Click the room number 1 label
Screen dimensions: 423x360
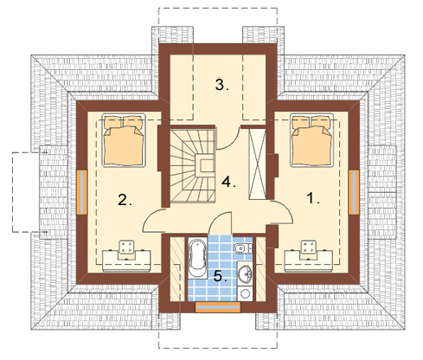coord(312,198)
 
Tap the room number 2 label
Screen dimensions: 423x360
coord(125,200)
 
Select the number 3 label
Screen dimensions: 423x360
coord(221,85)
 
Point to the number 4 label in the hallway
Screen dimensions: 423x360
coord(228,182)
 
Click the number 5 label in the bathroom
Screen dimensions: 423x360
coord(221,277)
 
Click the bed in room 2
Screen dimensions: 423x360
coord(124,140)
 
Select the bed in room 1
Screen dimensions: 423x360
coord(312,140)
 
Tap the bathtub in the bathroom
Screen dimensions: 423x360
coord(197,258)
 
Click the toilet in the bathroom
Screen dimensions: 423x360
coord(243,248)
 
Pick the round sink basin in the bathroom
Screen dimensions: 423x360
coord(245,273)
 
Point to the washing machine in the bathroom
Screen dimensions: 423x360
coord(246,293)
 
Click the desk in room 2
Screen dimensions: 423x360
coord(126,261)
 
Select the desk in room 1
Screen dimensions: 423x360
coord(309,261)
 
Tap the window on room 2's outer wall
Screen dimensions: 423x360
coord(81,192)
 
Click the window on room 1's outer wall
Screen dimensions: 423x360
coord(354,192)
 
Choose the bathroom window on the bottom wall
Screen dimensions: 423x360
coord(218,307)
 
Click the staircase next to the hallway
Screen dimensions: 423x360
coord(193,166)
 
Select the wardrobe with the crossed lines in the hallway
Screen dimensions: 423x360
coord(257,164)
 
